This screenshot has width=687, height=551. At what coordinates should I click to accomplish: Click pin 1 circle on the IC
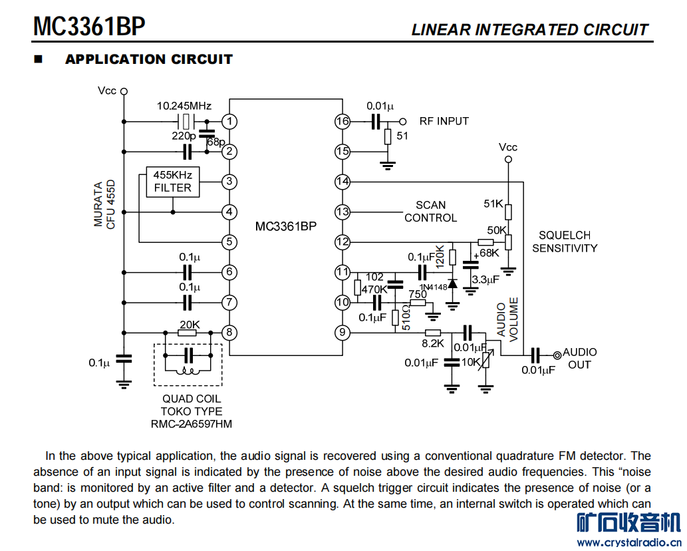229,121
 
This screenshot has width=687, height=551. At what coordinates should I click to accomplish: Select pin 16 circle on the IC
343,121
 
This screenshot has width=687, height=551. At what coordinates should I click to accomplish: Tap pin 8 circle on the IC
229,333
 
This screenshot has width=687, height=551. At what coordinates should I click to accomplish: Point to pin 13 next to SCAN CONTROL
343,212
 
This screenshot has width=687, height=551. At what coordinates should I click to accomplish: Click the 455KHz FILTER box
173,182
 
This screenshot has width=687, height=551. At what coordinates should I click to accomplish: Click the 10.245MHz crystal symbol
186,121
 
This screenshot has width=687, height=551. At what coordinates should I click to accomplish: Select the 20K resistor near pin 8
188,333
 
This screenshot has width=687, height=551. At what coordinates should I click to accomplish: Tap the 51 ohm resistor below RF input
388,137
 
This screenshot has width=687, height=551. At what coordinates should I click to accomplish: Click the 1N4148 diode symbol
453,283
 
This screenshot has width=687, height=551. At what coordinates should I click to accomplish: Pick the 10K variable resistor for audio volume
485,359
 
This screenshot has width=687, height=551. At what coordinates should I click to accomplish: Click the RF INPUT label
444,121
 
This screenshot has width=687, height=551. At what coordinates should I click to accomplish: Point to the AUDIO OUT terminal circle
557,355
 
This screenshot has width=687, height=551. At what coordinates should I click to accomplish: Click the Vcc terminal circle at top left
124,92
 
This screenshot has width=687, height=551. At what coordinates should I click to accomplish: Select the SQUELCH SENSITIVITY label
565,242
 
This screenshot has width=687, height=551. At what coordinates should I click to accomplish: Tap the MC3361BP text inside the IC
286,226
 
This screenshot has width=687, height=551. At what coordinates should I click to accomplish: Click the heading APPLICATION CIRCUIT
149,59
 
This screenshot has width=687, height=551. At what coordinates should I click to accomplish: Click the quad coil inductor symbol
188,372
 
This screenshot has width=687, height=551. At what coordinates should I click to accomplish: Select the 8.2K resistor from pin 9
433,333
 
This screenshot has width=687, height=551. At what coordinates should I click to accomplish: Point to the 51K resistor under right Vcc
508,212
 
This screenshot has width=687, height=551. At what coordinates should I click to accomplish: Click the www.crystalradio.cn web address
629,542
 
